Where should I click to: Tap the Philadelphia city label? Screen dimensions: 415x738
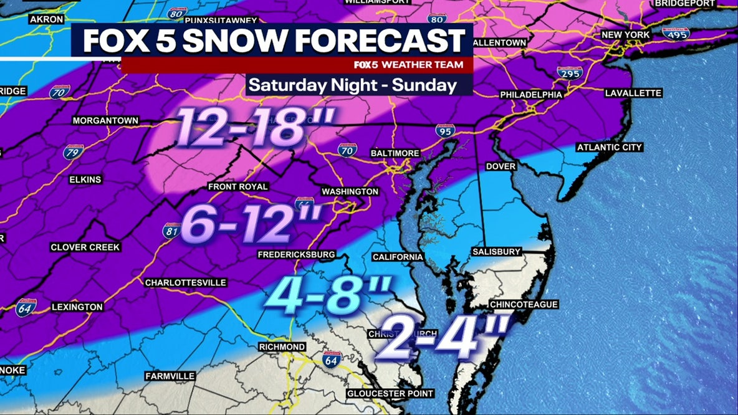coord(531,95)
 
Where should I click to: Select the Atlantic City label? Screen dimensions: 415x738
coord(609,148)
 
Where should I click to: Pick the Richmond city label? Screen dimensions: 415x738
coord(282,346)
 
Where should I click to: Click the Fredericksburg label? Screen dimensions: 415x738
coord(297,254)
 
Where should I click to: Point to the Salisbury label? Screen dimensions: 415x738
coord(496,252)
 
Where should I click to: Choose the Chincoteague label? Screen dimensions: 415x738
coord(524,305)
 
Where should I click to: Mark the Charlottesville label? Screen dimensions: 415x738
coord(185,282)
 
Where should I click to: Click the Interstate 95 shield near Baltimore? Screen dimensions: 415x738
coord(445,131)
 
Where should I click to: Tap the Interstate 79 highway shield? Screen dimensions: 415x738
coord(72,152)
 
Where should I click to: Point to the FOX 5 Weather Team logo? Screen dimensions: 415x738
coord(408,65)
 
